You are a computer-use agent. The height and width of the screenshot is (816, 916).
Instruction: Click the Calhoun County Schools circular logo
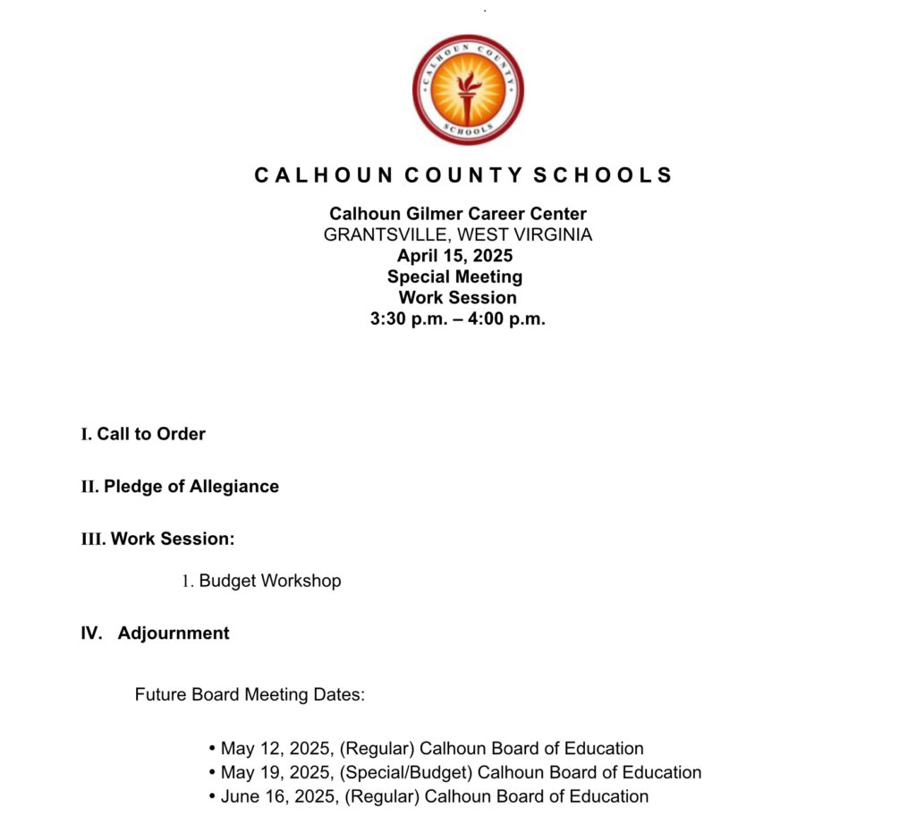point(468,89)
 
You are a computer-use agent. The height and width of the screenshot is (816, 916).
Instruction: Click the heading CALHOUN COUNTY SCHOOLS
point(463,175)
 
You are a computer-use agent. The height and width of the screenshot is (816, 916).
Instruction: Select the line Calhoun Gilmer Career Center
point(458,214)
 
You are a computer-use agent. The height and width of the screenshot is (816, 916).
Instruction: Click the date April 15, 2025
point(455,256)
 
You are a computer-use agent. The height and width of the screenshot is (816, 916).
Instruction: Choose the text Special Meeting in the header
point(454,276)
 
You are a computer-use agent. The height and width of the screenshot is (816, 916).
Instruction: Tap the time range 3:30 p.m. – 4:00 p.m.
point(457,319)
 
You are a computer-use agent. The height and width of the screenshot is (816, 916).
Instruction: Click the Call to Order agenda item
point(151,434)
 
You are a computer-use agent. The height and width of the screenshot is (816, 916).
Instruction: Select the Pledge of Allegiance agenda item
point(191,487)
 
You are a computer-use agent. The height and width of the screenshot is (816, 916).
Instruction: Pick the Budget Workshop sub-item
point(269,581)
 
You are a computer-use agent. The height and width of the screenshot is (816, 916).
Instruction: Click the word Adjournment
point(174,633)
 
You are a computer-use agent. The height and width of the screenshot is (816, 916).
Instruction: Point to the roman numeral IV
point(91,633)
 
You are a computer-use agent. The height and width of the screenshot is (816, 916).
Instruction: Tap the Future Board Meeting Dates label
point(250,694)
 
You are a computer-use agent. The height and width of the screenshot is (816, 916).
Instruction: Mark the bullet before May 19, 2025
point(213,772)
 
